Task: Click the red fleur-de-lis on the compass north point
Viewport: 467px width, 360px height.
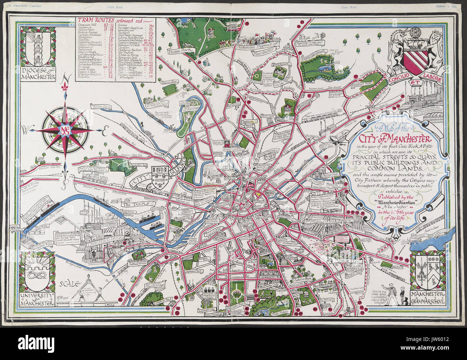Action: pyautogui.click(x=65, y=88)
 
